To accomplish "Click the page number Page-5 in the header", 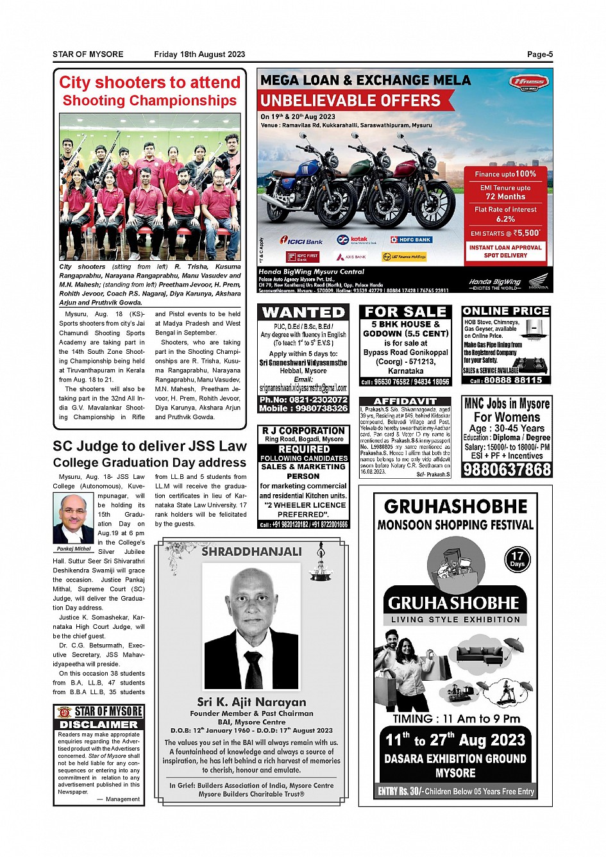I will (x=539, y=54).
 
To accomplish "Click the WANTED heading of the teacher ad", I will (x=303, y=312).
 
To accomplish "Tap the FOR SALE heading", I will (x=405, y=312).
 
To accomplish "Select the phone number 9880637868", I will (x=507, y=469).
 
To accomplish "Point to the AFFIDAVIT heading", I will (x=405, y=401).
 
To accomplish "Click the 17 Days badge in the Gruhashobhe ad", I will (x=517, y=559).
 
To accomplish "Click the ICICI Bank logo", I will (x=301, y=241).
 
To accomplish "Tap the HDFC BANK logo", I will (x=411, y=240).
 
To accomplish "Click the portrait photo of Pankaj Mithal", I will (x=73, y=519).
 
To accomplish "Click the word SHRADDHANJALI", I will (x=251, y=551).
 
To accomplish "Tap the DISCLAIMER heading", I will (x=99, y=724).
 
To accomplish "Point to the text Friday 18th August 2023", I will (x=199, y=54).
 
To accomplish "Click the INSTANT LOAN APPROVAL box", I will (x=505, y=251).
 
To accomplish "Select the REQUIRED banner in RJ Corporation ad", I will (x=303, y=449).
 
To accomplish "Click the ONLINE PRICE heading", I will (x=506, y=311).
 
